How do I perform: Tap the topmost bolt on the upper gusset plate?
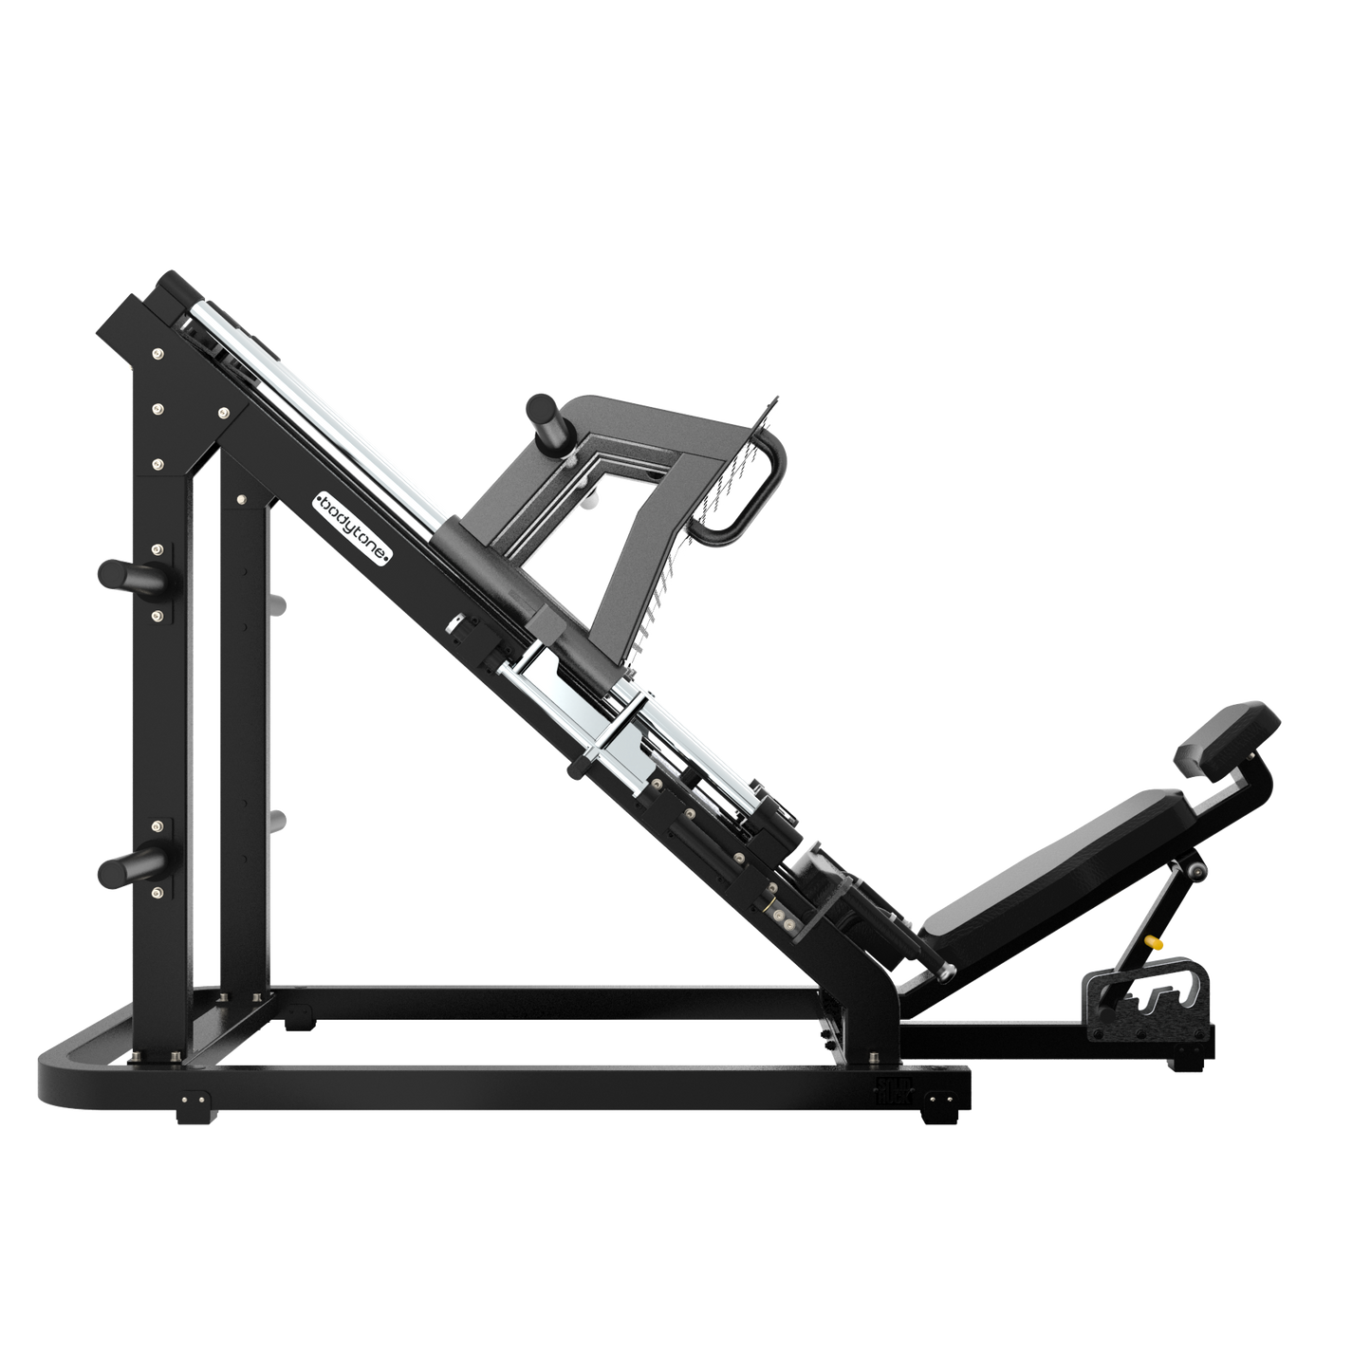coord(157,356)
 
